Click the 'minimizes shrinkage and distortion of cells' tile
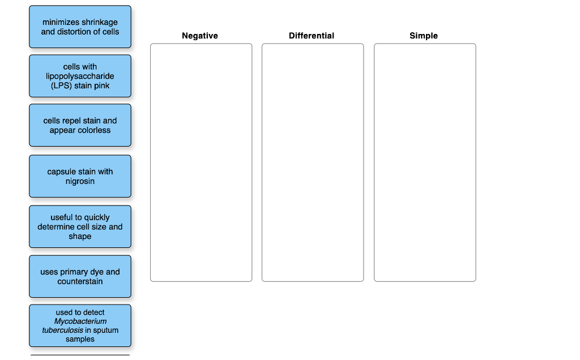(80, 27)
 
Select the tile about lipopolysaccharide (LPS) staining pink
(80, 76)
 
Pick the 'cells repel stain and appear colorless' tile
(80, 125)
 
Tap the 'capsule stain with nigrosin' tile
(80, 176)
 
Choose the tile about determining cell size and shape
(80, 226)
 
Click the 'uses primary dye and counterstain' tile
(80, 276)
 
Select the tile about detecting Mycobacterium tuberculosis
(80, 325)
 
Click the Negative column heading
(200, 36)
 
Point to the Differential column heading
(312, 36)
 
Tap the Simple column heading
(424, 36)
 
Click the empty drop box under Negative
(201, 162)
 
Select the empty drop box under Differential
(313, 162)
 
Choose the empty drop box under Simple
(425, 162)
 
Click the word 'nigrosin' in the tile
(80, 181)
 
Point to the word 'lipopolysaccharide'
(80, 76)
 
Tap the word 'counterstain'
(80, 281)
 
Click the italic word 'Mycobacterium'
(80, 321)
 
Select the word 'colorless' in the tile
(92, 130)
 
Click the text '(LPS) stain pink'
(80, 85)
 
